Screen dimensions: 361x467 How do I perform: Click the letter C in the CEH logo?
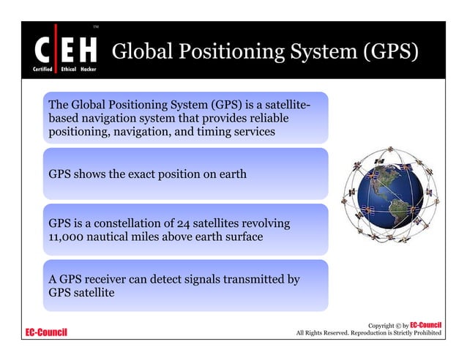click(x=42, y=50)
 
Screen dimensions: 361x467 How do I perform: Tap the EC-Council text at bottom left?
click(x=46, y=333)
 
